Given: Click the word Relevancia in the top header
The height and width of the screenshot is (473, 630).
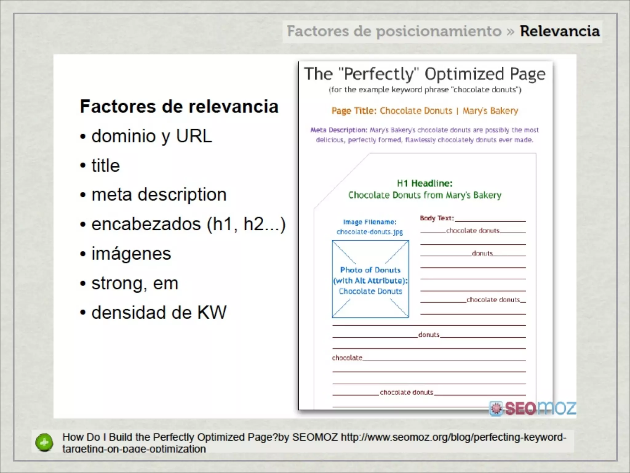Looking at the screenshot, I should click(x=560, y=31).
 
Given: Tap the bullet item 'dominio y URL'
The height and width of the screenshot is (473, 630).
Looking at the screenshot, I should click(x=152, y=136).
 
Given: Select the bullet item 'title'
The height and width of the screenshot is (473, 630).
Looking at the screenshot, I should click(x=106, y=165).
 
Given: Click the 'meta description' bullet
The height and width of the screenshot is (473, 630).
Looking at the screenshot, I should click(x=159, y=195).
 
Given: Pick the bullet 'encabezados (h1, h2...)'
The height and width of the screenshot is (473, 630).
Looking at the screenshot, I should click(x=188, y=224).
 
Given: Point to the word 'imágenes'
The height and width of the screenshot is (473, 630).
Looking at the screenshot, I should click(x=131, y=254).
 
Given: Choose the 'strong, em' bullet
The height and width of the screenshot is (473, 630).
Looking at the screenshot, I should click(x=135, y=283).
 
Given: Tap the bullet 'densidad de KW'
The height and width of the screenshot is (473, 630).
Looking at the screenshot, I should click(x=159, y=312).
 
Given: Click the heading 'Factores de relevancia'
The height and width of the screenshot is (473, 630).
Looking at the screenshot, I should click(x=179, y=107).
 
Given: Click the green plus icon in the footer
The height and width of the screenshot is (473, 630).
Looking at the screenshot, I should click(x=44, y=443).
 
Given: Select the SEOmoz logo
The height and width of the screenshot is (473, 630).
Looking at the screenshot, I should click(x=533, y=408).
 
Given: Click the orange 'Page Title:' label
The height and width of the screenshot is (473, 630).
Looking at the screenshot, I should click(x=354, y=111).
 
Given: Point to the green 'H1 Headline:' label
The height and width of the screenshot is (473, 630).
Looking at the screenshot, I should click(x=425, y=184).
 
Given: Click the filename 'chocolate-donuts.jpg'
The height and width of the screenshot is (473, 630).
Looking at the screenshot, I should click(x=369, y=232).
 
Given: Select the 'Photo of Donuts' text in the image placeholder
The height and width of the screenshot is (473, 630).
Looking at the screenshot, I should click(x=370, y=270).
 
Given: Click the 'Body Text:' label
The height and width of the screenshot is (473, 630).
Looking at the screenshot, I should click(x=437, y=218).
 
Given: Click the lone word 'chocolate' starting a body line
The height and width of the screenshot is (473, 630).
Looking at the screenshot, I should click(x=347, y=358).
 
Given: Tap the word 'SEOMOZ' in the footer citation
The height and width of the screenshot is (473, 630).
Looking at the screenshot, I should click(x=315, y=437).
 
